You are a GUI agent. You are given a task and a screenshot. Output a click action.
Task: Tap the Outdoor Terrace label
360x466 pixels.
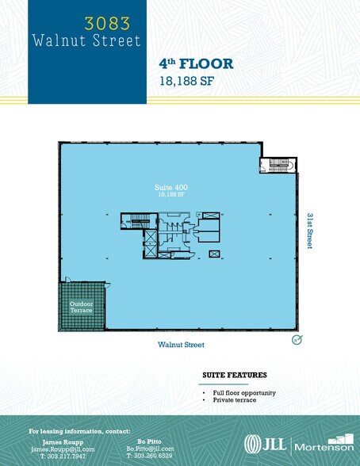pyautogui.click(x=81, y=307)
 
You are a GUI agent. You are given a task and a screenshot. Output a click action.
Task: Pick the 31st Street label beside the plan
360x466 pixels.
pyautogui.click(x=308, y=231)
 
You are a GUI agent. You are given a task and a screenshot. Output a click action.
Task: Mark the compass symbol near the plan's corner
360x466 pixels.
pyautogui.click(x=297, y=340)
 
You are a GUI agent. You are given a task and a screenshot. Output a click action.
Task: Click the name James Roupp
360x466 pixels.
pyautogui.click(x=57, y=441)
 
